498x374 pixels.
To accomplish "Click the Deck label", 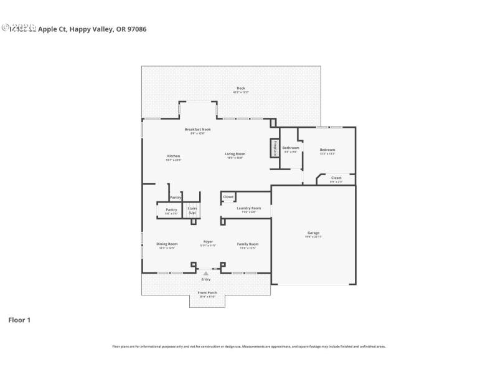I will pos(240,88).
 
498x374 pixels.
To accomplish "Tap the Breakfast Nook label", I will pos(197,130).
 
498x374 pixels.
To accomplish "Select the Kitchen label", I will pos(173,156).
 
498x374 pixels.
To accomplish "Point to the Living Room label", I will pos(235,154).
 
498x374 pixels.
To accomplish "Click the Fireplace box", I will pos(274,148).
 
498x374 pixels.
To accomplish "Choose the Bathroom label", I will pos(291,148).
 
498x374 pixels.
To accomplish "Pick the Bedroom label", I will pos(327,150).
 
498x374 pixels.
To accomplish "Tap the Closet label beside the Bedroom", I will pos(336,178).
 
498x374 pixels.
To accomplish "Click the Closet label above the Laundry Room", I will pos(228,197).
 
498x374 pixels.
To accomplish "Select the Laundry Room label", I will pos(248,208).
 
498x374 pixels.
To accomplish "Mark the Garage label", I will pos(312,233).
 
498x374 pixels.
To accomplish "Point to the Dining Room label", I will pos(167,244).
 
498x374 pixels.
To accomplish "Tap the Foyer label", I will pos(208,242).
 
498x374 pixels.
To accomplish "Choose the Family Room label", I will pos(247,244).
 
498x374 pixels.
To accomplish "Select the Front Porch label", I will pos(207,292).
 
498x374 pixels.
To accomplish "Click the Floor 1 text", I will pos(19,320).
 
